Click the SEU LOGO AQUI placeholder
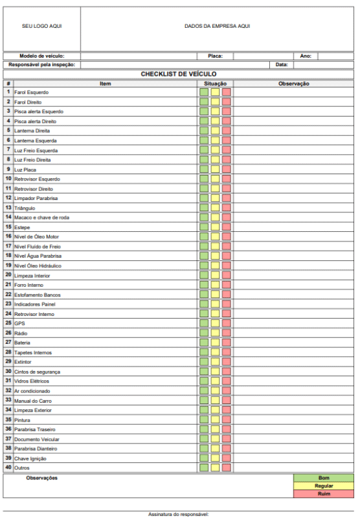(42, 26)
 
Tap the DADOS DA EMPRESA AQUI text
(217, 26)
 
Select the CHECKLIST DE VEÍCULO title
(179, 74)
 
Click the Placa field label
(215, 56)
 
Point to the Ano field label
(306, 56)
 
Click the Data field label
(282, 65)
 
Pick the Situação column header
(215, 84)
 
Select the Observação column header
(293, 84)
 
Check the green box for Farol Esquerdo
(204, 92)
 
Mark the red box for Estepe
(227, 227)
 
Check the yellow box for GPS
(215, 323)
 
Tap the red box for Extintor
(227, 362)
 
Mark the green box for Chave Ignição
(204, 458)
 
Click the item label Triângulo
(25, 208)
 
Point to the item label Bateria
(22, 343)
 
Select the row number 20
(8, 275)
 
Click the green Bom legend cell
(324, 478)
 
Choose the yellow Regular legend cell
(324, 486)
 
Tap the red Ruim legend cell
(324, 493)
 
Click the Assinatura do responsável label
(179, 514)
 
